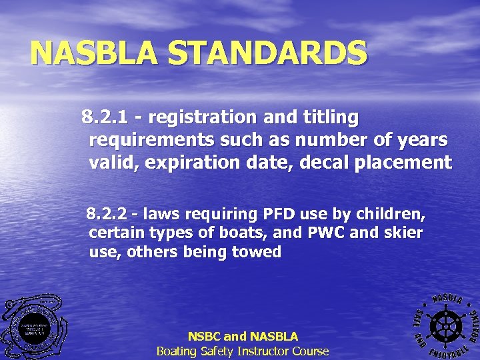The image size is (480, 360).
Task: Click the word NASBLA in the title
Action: coord(94,53)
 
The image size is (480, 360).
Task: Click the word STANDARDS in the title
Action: coord(267,53)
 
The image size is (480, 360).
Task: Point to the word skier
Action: coord(404,233)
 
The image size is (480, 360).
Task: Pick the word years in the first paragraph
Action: coord(421,140)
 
